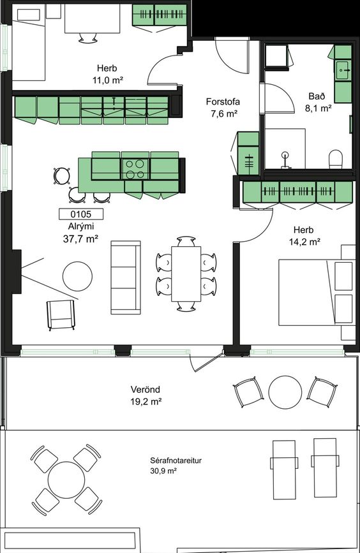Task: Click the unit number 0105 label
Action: click(81, 214)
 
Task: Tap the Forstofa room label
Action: click(223, 102)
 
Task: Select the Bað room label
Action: click(317, 96)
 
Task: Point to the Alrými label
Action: click(81, 227)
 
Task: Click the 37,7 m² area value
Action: click(80, 239)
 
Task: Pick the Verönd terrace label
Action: click(146, 390)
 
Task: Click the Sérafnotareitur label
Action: click(176, 461)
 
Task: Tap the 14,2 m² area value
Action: click(304, 242)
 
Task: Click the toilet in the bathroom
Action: click(336, 159)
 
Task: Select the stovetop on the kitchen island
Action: click(135, 169)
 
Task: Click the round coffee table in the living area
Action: click(78, 276)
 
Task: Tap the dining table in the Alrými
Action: click(186, 274)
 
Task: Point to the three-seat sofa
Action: click(126, 277)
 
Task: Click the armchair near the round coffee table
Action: click(61, 314)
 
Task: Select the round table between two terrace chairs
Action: click(285, 392)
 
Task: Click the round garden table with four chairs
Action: click(66, 480)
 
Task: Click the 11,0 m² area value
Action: click(108, 80)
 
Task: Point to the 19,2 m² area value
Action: click(146, 402)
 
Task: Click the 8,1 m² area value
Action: click(319, 108)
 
